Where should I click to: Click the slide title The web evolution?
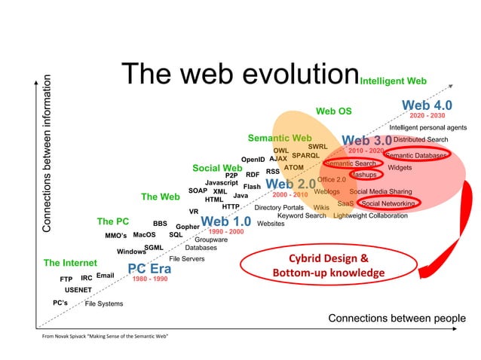(239, 74)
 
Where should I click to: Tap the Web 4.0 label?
(427, 105)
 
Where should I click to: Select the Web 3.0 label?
(366, 141)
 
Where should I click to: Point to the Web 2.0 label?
(290, 184)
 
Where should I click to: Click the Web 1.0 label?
(225, 221)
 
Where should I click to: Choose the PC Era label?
(149, 269)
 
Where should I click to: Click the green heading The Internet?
(70, 263)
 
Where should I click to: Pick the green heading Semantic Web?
(279, 139)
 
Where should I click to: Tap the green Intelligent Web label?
(394, 80)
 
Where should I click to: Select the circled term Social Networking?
(387, 203)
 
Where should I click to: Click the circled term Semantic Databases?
(417, 155)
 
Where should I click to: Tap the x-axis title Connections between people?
(397, 318)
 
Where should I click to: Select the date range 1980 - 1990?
(150, 279)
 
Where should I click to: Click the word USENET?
(78, 289)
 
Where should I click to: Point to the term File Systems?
(104, 304)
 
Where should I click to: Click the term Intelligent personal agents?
(427, 127)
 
